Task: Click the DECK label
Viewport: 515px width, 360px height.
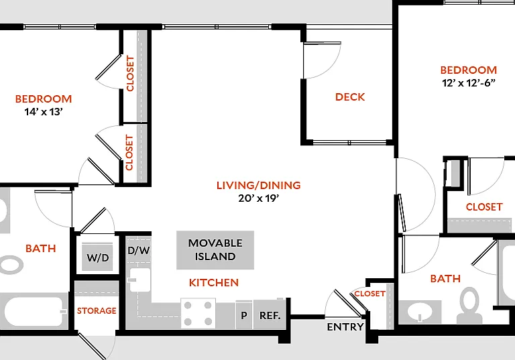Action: coord(350,97)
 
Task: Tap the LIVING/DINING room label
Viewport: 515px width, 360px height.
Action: coord(258,185)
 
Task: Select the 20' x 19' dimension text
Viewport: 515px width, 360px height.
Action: coord(258,198)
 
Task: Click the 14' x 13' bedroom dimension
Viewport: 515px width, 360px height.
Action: coord(44,112)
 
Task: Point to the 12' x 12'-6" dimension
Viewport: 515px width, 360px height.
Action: coord(468,82)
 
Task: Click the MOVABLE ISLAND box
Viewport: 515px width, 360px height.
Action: coord(215,250)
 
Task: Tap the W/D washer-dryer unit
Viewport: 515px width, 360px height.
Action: coord(97,257)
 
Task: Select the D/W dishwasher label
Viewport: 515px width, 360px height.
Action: coord(139,251)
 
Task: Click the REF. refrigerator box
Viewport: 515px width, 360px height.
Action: coord(270,314)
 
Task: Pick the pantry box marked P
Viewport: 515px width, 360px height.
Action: coord(244,314)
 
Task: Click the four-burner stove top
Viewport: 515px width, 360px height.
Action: coord(198,313)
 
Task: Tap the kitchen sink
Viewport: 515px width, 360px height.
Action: coord(139,280)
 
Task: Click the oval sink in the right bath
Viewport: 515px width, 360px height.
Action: coord(420,311)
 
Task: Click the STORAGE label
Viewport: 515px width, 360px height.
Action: coord(97,310)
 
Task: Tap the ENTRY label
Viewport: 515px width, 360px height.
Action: coord(345,327)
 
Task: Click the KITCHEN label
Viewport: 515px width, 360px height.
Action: coord(214,282)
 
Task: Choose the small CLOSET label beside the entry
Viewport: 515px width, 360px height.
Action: coord(370,294)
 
